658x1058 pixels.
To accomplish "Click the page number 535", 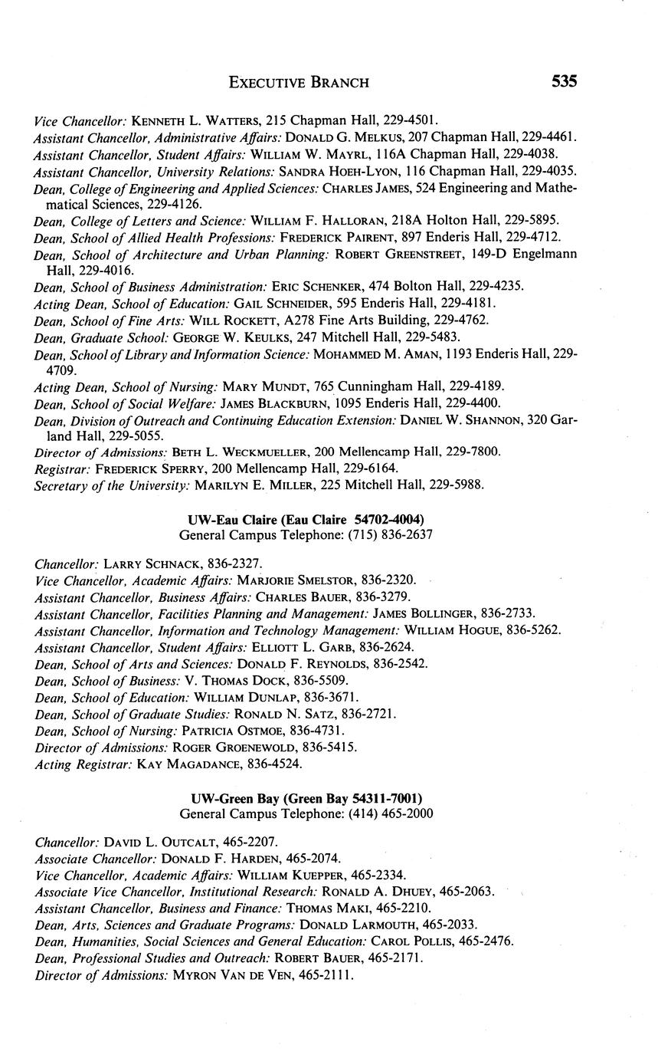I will (562, 81).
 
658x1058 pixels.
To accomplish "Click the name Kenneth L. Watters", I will (192, 120).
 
